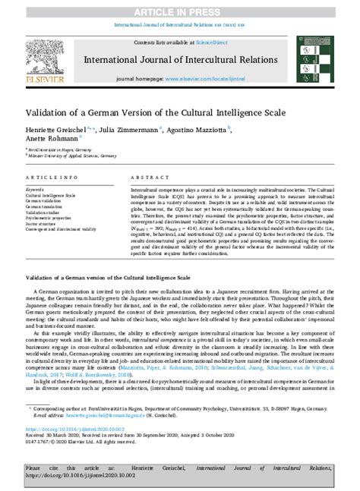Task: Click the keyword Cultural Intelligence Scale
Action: [50, 195]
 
